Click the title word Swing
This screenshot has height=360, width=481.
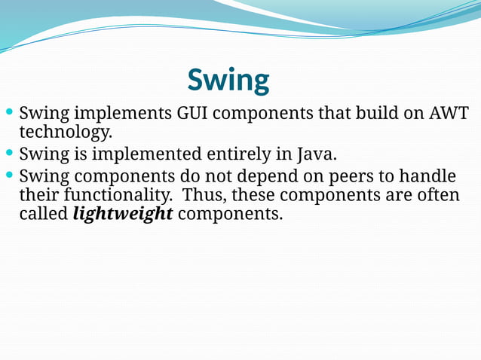(x=228, y=80)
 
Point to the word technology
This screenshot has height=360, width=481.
(x=65, y=133)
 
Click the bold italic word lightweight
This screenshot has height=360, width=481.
(x=123, y=214)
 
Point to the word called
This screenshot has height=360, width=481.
(x=43, y=214)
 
